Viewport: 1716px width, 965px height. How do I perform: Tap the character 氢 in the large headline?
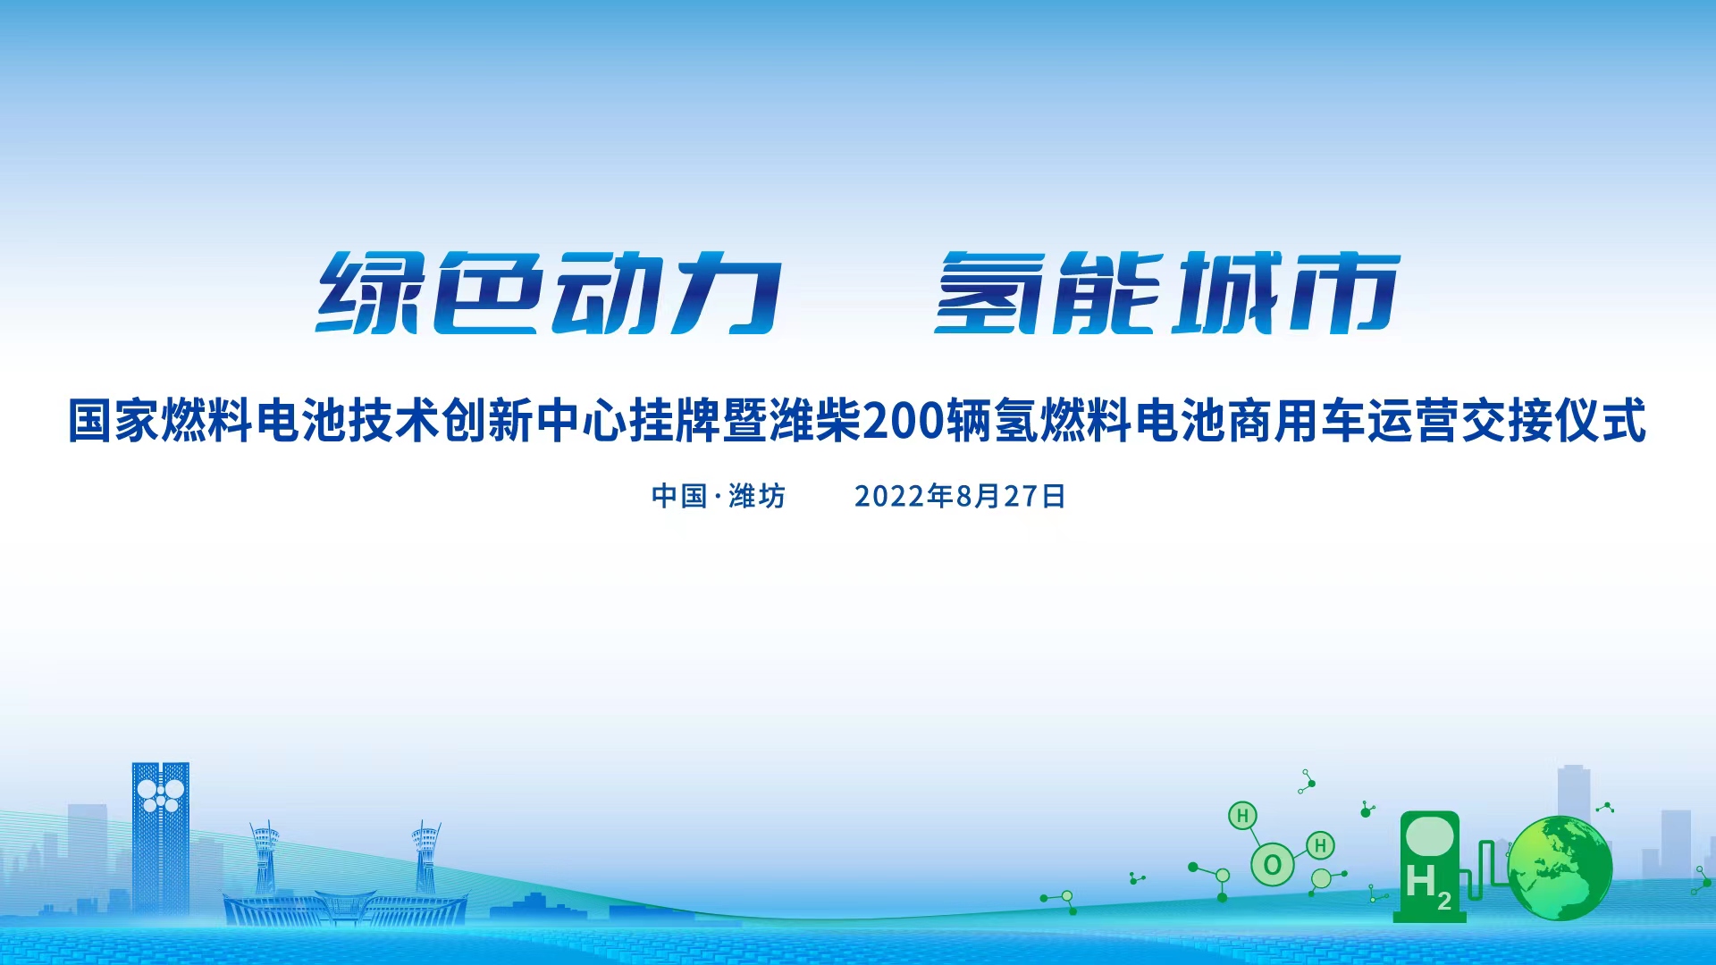pyautogui.click(x=990, y=293)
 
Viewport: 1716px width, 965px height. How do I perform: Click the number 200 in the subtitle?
pyautogui.click(x=903, y=421)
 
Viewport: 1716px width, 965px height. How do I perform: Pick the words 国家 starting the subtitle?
pyautogui.click(x=114, y=421)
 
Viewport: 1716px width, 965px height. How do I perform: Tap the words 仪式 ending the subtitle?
pyautogui.click(x=1600, y=421)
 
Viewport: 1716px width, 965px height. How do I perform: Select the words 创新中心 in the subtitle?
pyautogui.click(x=534, y=421)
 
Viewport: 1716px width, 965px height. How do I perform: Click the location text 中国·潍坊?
pyautogui.click(x=719, y=496)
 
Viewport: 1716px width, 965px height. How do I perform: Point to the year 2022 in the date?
pyautogui.click(x=889, y=496)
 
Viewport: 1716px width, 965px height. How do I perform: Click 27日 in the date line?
pyautogui.click(x=1034, y=496)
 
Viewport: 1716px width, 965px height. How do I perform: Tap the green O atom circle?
pyautogui.click(x=1273, y=865)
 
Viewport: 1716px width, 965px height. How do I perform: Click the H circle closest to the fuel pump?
pyautogui.click(x=1320, y=845)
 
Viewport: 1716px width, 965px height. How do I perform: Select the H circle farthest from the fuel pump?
pyautogui.click(x=1242, y=816)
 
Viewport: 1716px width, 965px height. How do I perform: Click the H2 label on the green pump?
pyautogui.click(x=1428, y=885)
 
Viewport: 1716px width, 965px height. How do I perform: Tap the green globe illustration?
pyautogui.click(x=1560, y=868)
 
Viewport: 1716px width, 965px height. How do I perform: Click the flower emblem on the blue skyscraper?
pyautogui.click(x=161, y=794)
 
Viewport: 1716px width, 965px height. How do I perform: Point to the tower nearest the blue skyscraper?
pyautogui.click(x=265, y=858)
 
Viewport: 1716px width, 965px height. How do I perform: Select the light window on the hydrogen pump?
pyautogui.click(x=1428, y=835)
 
